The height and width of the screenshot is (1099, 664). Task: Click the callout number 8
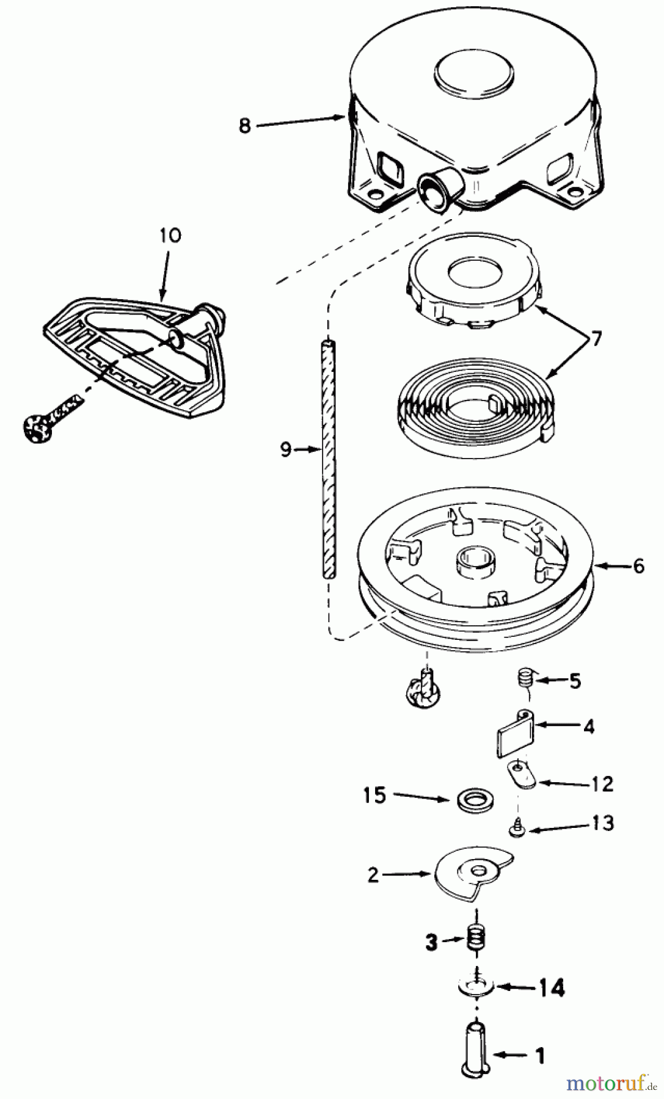coord(245,128)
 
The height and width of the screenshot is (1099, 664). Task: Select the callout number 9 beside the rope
coord(285,450)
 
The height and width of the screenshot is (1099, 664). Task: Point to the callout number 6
coord(638,567)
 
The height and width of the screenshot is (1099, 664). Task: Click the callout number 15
coord(374,796)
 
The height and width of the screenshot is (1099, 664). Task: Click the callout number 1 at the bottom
coord(539,1055)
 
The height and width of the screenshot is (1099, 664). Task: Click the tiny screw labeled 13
coord(516,828)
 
